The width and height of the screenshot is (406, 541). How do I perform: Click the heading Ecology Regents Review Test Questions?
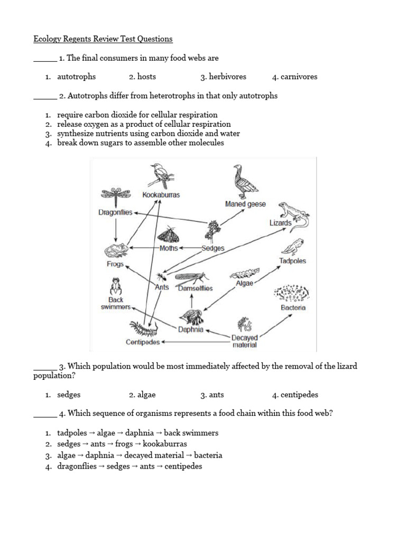click(x=103, y=39)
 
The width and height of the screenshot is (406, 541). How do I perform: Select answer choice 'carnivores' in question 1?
click(x=299, y=77)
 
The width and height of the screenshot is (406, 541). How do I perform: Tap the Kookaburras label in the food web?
click(x=161, y=195)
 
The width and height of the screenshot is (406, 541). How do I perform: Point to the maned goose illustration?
click(x=244, y=181)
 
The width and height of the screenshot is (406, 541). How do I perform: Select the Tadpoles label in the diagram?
click(x=292, y=261)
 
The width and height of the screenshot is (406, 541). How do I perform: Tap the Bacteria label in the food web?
click(x=293, y=307)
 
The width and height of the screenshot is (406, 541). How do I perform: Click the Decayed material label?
click(x=244, y=341)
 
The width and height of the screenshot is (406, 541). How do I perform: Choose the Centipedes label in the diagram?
click(x=143, y=342)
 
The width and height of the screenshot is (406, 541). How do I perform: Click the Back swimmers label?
click(x=115, y=303)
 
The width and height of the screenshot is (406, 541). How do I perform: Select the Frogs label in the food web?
click(x=115, y=264)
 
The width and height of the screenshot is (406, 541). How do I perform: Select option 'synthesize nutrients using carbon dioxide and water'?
click(x=149, y=134)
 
